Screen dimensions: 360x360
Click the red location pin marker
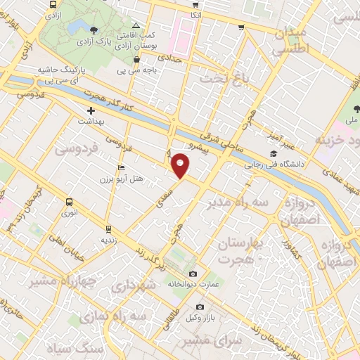point(181,165)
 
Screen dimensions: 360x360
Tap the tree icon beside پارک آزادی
point(94,29)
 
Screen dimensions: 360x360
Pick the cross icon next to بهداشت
point(90,111)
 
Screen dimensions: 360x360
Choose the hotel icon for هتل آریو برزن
point(121,168)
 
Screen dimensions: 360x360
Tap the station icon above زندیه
point(108,229)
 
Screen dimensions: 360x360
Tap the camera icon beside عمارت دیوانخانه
point(193,274)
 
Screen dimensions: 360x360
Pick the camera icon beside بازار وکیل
point(200,307)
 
